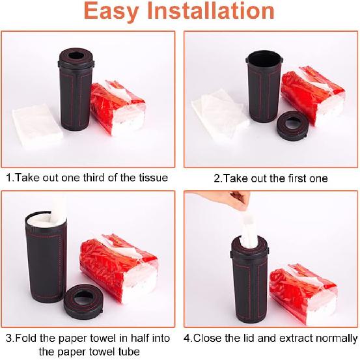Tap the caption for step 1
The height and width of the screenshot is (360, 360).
point(87,178)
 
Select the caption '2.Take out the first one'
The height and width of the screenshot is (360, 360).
point(271,178)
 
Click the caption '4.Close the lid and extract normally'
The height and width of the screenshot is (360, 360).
point(271,338)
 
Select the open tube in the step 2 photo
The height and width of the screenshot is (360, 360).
point(263,88)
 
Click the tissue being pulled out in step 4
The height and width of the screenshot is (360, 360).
point(251,225)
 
